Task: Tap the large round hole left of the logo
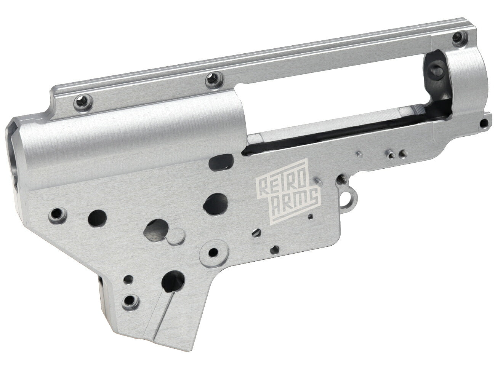coord(215,201)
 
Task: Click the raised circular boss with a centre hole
coord(215,252)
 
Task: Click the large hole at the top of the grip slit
coord(172,281)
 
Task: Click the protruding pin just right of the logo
coord(316,178)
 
